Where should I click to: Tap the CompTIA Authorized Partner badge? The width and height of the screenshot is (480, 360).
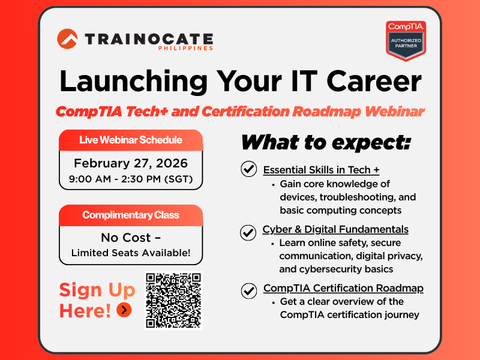(x=406, y=40)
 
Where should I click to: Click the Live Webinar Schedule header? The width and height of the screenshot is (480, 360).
(x=131, y=140)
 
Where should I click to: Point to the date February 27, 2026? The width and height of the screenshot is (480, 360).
(x=131, y=163)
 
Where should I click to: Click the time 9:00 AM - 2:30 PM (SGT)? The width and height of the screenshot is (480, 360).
(x=131, y=178)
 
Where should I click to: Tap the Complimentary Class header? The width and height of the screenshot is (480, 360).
(x=131, y=215)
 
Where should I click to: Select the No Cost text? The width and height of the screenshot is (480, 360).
(x=131, y=237)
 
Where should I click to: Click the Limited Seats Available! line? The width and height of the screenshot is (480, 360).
(x=131, y=253)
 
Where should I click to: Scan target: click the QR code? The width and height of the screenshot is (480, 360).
(x=173, y=300)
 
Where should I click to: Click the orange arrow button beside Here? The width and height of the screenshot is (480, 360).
(x=124, y=310)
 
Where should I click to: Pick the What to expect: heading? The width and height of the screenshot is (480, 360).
(x=326, y=142)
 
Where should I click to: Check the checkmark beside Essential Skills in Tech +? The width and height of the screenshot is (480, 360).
(x=248, y=169)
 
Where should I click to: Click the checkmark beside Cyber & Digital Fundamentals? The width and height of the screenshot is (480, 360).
(x=247, y=232)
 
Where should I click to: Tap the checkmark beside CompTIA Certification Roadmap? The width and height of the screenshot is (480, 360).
(x=248, y=290)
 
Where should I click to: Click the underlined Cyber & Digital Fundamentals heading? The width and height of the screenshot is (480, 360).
(x=335, y=229)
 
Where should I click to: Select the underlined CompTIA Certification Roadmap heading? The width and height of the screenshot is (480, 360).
(x=343, y=288)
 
